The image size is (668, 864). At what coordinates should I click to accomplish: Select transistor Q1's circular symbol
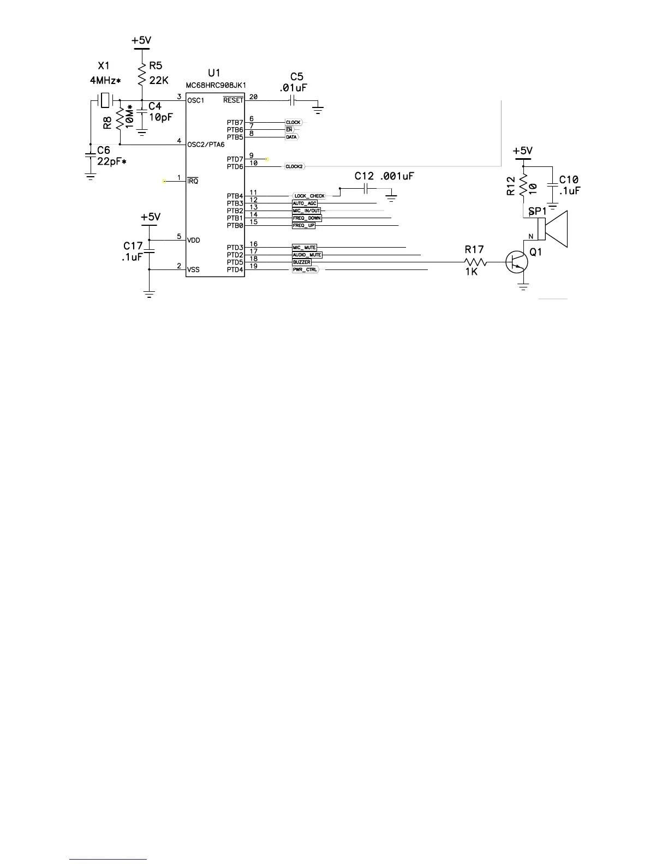(516, 262)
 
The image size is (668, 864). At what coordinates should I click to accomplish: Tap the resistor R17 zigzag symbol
(474, 262)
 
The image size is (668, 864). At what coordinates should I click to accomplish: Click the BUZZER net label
(302, 262)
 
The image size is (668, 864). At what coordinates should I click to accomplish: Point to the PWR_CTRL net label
(305, 269)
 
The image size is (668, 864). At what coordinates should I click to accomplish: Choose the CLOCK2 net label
(294, 166)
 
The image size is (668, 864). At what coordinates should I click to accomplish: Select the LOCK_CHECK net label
(309, 196)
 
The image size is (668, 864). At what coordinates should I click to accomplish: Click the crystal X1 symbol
(104, 100)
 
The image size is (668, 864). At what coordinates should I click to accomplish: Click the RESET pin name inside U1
(233, 100)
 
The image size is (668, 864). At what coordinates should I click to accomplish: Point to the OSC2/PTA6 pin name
(206, 145)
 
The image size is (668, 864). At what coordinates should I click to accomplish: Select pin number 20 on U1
(253, 97)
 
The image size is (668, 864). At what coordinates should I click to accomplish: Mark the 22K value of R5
(159, 80)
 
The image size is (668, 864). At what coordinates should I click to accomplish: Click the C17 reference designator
(133, 246)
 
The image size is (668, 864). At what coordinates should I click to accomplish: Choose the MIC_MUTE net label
(305, 248)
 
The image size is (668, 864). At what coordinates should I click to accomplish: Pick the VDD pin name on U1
(194, 240)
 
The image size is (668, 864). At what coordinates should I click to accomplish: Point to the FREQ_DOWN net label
(307, 218)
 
